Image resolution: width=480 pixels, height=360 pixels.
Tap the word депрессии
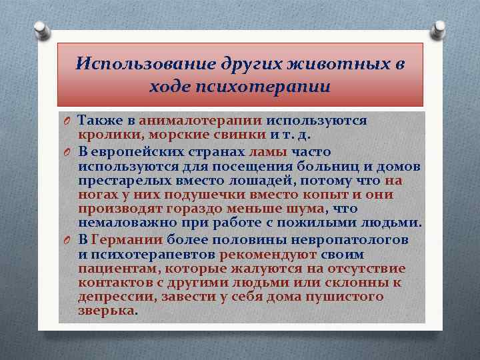point(109,297)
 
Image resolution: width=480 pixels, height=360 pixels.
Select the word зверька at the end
point(106,311)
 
